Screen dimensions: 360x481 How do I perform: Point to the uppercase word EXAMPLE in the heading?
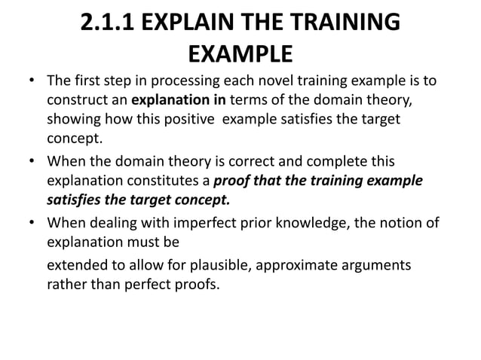coord(240,53)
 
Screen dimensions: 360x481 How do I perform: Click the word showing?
coord(73,120)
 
